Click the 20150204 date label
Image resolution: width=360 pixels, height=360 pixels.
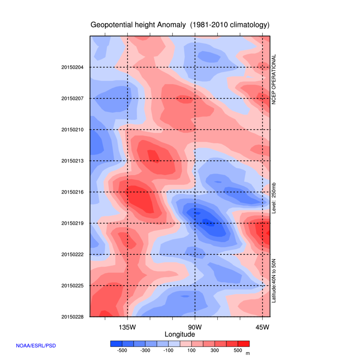tap(72, 67)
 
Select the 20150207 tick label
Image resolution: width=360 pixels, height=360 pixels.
tap(72, 98)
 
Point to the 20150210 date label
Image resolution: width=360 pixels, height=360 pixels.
tap(72, 130)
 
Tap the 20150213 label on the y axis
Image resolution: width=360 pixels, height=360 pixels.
tap(72, 161)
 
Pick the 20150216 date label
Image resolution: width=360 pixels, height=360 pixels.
tap(72, 192)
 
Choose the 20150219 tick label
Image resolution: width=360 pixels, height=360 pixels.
tap(72, 223)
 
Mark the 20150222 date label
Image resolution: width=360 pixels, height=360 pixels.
tap(72, 254)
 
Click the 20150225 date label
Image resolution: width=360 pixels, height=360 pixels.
tap(72, 286)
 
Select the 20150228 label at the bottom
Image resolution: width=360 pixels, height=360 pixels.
tap(72, 317)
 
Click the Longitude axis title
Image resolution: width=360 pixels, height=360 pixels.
tap(180, 334)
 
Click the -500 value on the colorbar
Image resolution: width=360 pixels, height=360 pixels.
tap(122, 351)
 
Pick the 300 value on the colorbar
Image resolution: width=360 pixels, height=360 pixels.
tap(215, 351)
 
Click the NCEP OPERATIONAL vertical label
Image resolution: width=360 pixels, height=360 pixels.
tap(274, 80)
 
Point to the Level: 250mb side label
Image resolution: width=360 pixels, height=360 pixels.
tap(274, 198)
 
